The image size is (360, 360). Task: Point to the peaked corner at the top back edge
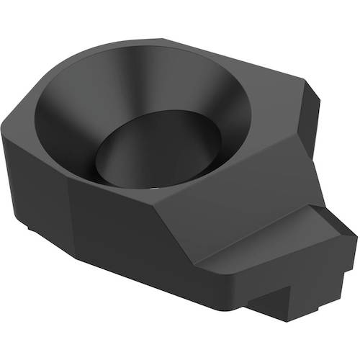[x=164, y=40]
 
